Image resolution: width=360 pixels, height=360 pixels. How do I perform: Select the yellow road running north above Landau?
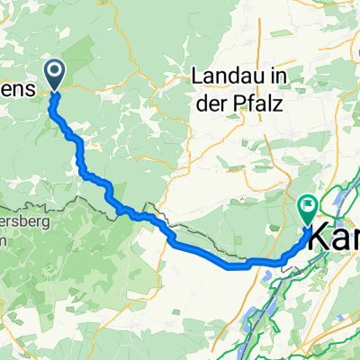(x=262, y=36)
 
